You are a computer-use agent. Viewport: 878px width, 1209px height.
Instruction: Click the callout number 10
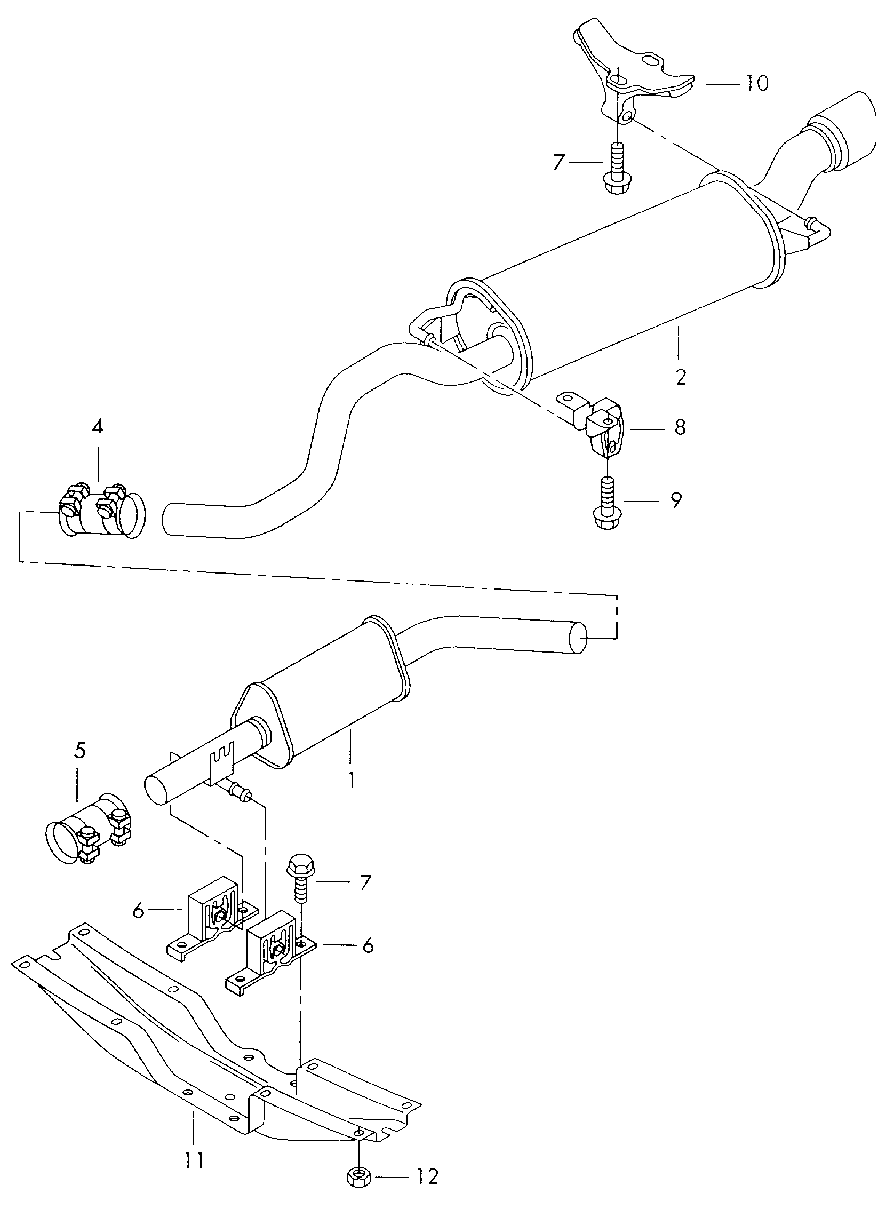click(x=756, y=83)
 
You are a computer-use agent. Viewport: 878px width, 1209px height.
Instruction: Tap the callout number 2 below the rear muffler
click(x=681, y=377)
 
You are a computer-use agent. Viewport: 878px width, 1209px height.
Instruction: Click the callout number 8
click(x=680, y=427)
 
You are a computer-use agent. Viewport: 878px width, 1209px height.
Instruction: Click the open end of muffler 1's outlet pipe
click(x=577, y=638)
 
